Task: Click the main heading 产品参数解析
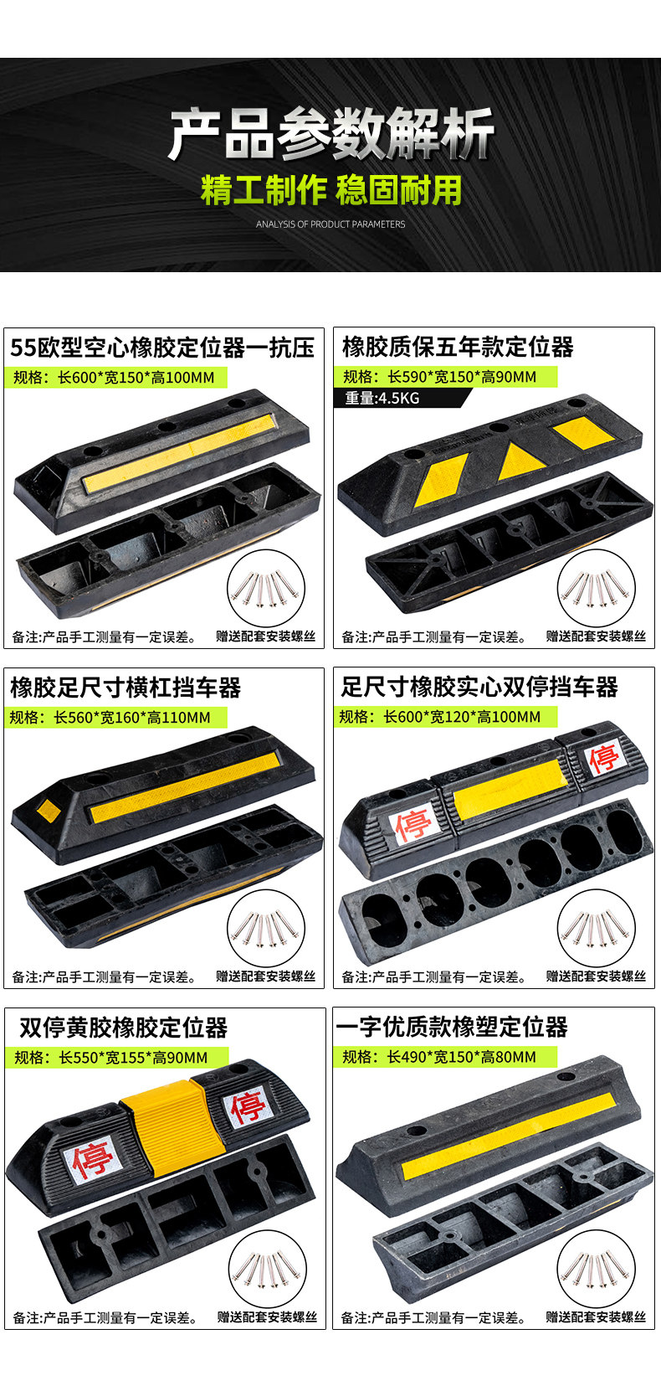[330, 134]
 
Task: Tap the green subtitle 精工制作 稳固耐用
[330, 190]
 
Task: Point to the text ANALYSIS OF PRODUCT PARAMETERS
[330, 224]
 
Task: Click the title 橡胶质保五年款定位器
[458, 347]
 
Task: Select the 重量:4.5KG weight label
[382, 398]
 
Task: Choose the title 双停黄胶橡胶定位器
[123, 1028]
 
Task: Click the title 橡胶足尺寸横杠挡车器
[126, 688]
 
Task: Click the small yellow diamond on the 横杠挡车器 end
[48, 811]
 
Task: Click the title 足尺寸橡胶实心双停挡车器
[479, 688]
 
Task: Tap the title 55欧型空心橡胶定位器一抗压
[162, 348]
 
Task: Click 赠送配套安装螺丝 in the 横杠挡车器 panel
[266, 976]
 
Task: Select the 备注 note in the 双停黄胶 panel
[105, 1318]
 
